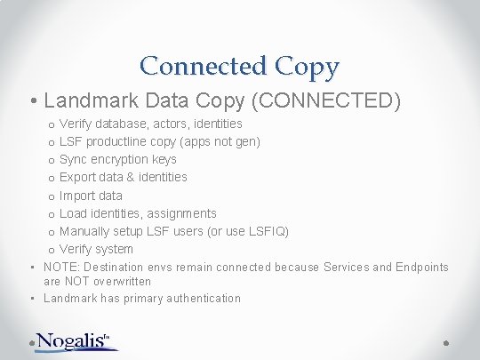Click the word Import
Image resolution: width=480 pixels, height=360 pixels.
pos(77,196)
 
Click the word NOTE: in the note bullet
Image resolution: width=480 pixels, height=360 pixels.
pos(61,268)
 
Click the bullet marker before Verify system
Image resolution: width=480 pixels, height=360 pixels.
pos(52,250)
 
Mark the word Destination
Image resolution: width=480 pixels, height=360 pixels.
pos(114,268)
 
